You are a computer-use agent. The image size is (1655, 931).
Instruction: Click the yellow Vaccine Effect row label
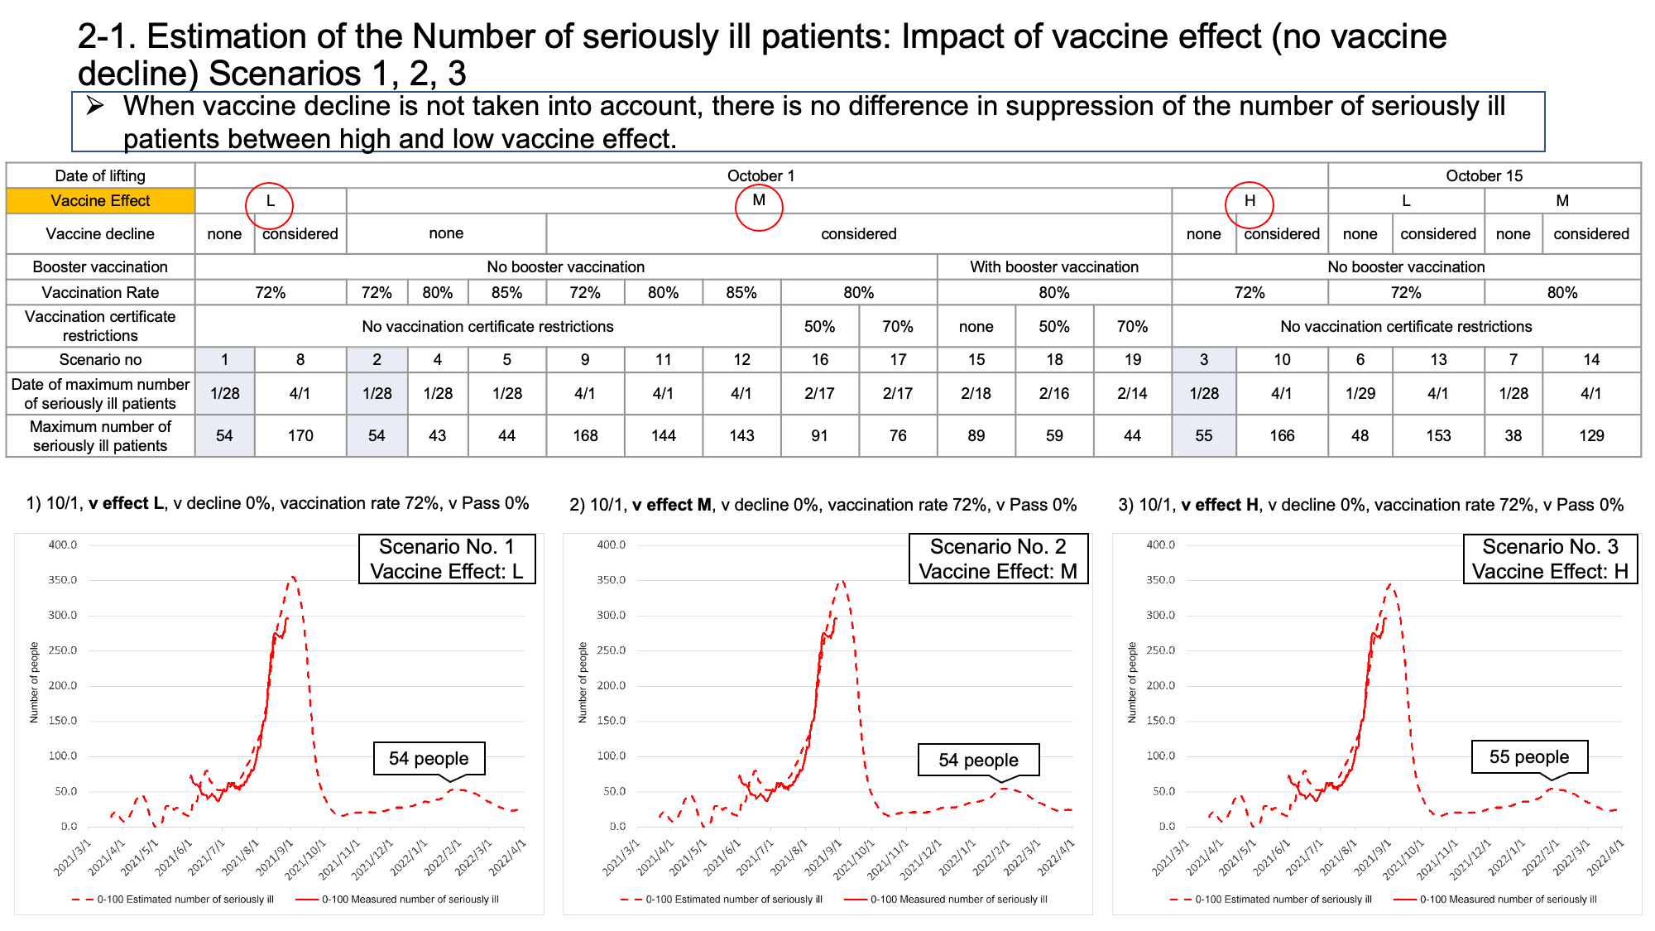point(100,201)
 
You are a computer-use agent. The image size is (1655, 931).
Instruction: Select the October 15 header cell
point(1484,175)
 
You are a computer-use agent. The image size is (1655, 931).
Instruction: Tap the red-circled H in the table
point(1250,201)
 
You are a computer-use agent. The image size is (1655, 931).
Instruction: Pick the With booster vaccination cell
point(1053,266)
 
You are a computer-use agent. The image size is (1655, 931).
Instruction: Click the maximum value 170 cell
point(300,435)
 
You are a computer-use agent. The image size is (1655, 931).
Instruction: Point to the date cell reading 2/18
point(976,393)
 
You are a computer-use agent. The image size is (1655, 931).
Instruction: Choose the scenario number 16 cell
point(819,359)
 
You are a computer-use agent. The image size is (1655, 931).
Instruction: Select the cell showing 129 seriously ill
point(1590,435)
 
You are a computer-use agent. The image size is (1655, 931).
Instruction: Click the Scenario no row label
point(100,359)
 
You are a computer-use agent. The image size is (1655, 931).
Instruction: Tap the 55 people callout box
point(1528,756)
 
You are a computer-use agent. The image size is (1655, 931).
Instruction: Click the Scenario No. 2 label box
point(998,559)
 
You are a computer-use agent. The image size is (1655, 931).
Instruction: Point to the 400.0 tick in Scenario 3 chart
point(1160,545)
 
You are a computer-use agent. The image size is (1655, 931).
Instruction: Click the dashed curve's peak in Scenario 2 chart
point(842,581)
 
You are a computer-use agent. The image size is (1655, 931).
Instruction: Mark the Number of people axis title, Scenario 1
point(34,683)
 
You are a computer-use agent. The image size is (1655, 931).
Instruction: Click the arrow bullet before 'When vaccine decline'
point(95,106)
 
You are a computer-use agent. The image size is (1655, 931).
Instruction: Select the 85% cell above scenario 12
point(741,292)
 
